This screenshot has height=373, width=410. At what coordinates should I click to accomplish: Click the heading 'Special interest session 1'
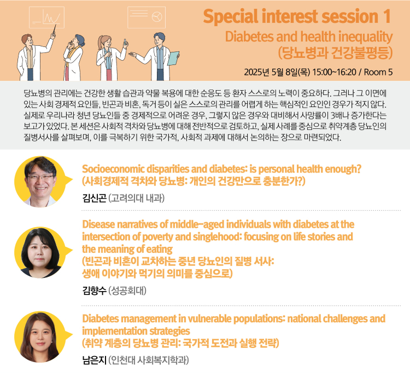coord(297,16)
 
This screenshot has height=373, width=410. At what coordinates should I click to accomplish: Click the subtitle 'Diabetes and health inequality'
coord(309,37)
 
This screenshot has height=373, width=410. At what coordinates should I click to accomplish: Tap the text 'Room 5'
coord(378,72)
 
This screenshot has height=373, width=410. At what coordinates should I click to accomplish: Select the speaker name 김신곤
coord(95,198)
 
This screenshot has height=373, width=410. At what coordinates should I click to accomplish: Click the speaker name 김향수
coord(95,291)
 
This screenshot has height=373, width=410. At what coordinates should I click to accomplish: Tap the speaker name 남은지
coord(95,360)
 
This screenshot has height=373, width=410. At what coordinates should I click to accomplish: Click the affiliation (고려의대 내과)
coord(137,198)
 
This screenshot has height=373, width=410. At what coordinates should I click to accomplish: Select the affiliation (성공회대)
coord(127,291)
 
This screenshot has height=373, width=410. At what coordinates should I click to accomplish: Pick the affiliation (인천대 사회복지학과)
coord(149,360)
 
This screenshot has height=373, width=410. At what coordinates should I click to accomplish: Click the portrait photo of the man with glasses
coord(40,182)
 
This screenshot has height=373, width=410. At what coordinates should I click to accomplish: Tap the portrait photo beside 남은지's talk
coord(40,337)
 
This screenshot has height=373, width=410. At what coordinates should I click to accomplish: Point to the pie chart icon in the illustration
coord(157,17)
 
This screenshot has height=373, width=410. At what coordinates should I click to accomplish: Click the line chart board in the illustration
coord(46,17)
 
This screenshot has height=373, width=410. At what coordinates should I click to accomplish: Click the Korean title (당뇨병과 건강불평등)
coord(336,52)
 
